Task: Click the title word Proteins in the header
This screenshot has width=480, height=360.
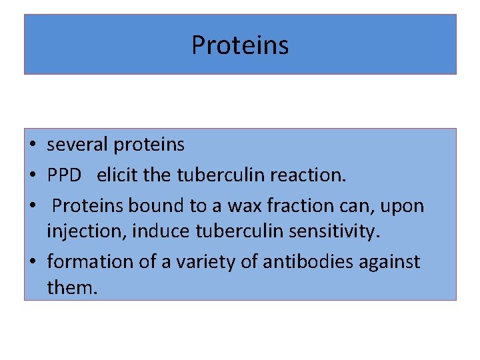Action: [x=240, y=45]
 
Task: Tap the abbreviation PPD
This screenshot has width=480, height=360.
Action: [x=64, y=175]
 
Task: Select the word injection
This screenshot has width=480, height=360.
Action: [x=86, y=231]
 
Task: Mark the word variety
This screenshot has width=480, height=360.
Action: [x=200, y=262]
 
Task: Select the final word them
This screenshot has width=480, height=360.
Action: [x=71, y=287]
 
